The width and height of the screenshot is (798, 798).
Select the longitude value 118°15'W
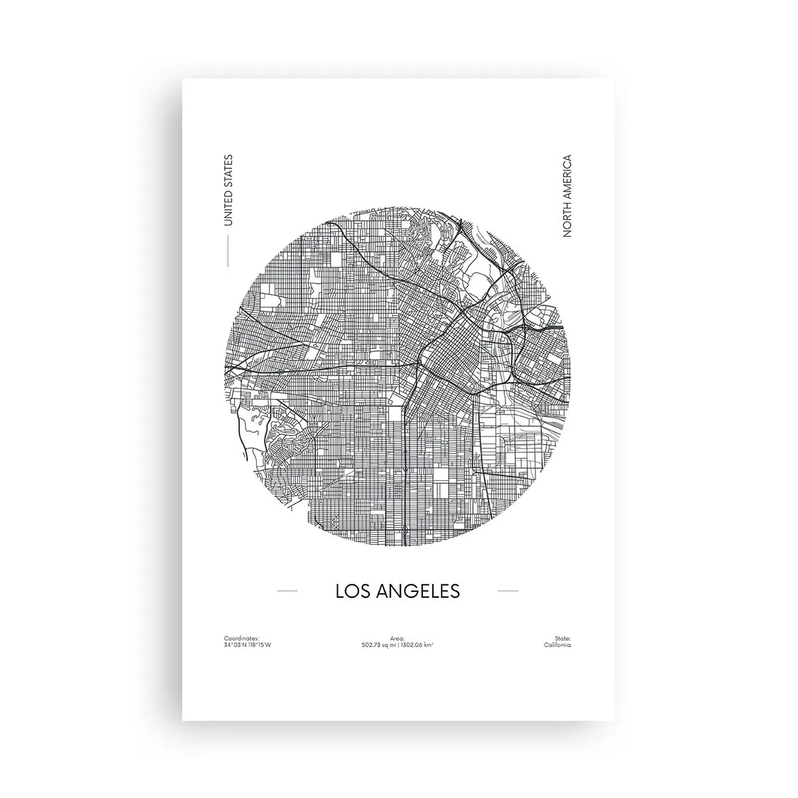click(259, 645)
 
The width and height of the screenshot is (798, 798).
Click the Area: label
click(398, 638)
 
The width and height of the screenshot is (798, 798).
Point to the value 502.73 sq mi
click(379, 645)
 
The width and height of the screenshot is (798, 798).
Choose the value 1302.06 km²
click(419, 645)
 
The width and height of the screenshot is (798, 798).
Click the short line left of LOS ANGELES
click(287, 590)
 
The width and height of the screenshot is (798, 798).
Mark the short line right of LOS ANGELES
click(507, 590)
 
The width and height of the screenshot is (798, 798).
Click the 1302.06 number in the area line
click(414, 645)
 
